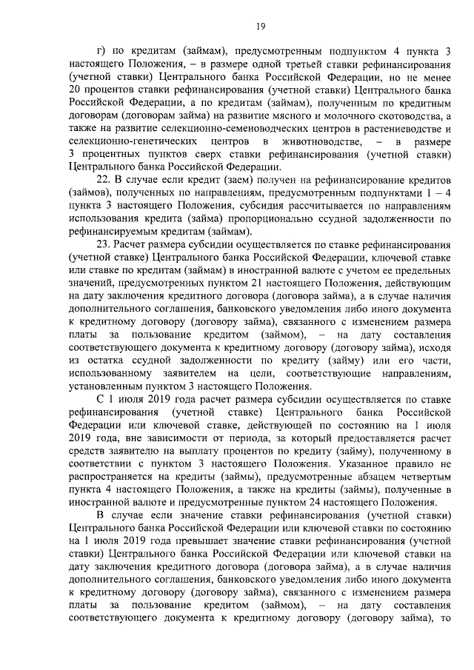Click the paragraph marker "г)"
102,51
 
